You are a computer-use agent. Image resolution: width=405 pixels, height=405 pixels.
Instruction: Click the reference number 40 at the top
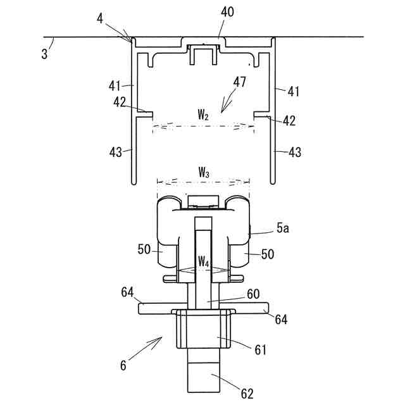point(227,12)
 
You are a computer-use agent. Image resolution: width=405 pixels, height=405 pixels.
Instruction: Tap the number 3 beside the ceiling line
point(44,54)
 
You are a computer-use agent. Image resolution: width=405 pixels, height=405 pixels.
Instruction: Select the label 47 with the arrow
point(240,82)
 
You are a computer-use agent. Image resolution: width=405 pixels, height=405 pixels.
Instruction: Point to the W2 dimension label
point(203,115)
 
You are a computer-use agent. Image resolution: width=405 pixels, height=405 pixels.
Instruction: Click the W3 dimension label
point(204,172)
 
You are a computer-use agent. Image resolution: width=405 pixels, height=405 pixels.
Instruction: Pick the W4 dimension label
point(204,261)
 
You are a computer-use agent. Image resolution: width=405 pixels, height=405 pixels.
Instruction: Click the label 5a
point(283,228)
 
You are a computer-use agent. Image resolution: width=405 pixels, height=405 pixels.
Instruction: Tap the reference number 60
point(253,294)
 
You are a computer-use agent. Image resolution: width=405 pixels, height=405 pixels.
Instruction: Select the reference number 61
point(260,350)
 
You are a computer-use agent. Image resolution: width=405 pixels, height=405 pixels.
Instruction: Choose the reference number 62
point(247,394)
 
